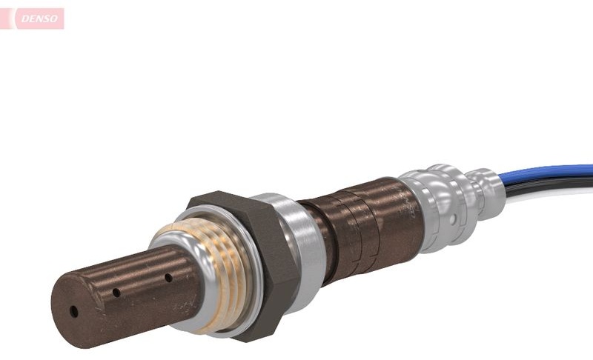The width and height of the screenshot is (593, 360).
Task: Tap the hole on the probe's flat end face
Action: (74, 312)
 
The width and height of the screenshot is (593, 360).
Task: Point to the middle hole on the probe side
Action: (116, 293)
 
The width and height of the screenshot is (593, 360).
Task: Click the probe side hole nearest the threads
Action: (169, 278)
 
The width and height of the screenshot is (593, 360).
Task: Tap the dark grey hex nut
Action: (246, 264)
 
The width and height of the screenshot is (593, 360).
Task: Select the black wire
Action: (549, 186)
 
